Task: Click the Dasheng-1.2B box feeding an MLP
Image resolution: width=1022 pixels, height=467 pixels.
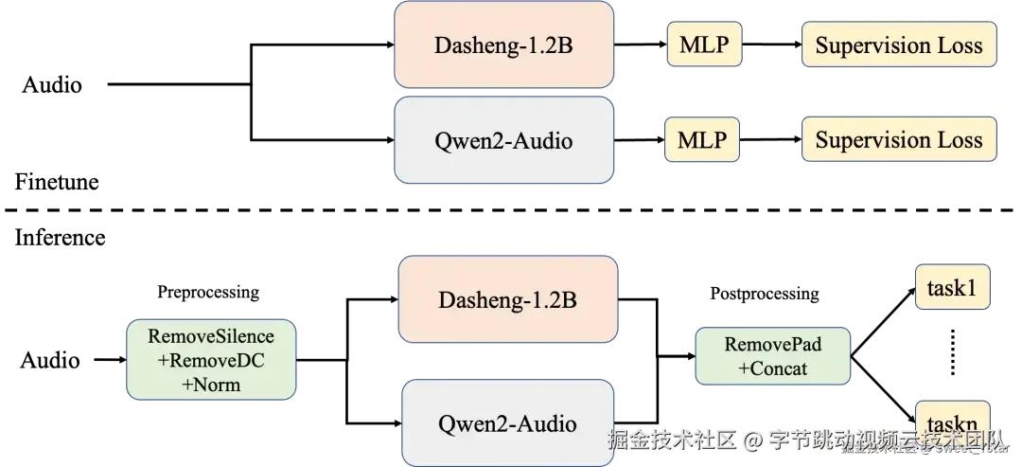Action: pos(503,45)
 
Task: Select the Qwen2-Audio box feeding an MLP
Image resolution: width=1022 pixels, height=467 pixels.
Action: pos(503,140)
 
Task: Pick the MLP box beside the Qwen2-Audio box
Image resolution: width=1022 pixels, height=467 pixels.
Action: pos(702,140)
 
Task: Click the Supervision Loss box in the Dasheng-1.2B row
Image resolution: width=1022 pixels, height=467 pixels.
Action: pos(899,45)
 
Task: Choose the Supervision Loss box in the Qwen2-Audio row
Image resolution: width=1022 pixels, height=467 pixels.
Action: pos(899,140)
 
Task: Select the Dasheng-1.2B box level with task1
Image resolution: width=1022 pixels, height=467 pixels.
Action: pos(507,299)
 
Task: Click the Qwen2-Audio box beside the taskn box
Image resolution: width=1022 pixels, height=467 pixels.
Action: pos(507,422)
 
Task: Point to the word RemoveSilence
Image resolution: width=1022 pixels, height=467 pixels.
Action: pos(211,336)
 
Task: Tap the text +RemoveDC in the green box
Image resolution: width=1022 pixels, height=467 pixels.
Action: pos(211,360)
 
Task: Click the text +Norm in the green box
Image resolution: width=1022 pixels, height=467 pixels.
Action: pos(211,384)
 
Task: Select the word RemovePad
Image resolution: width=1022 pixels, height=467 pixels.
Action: pos(773,344)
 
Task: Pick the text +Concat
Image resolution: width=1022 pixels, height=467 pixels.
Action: pos(773,368)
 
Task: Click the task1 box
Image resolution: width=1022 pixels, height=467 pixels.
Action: pos(951,287)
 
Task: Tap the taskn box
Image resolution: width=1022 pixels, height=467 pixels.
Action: pos(951,422)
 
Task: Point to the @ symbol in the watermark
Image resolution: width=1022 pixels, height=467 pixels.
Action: pos(751,440)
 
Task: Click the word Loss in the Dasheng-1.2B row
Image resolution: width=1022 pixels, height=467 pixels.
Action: pos(960,45)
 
